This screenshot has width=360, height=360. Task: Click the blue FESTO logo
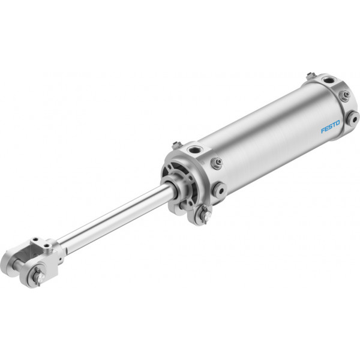(330, 127)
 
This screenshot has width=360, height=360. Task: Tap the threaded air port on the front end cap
(193, 150)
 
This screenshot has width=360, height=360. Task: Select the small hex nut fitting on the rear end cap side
(344, 95)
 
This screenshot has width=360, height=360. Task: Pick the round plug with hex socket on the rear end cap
(353, 119)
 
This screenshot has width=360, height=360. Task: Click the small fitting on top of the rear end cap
(311, 76)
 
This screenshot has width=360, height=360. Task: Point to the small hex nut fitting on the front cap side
(217, 163)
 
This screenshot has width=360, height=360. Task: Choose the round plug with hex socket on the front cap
(220, 190)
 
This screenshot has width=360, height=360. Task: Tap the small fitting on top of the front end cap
(176, 145)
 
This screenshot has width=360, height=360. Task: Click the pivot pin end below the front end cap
(206, 215)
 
